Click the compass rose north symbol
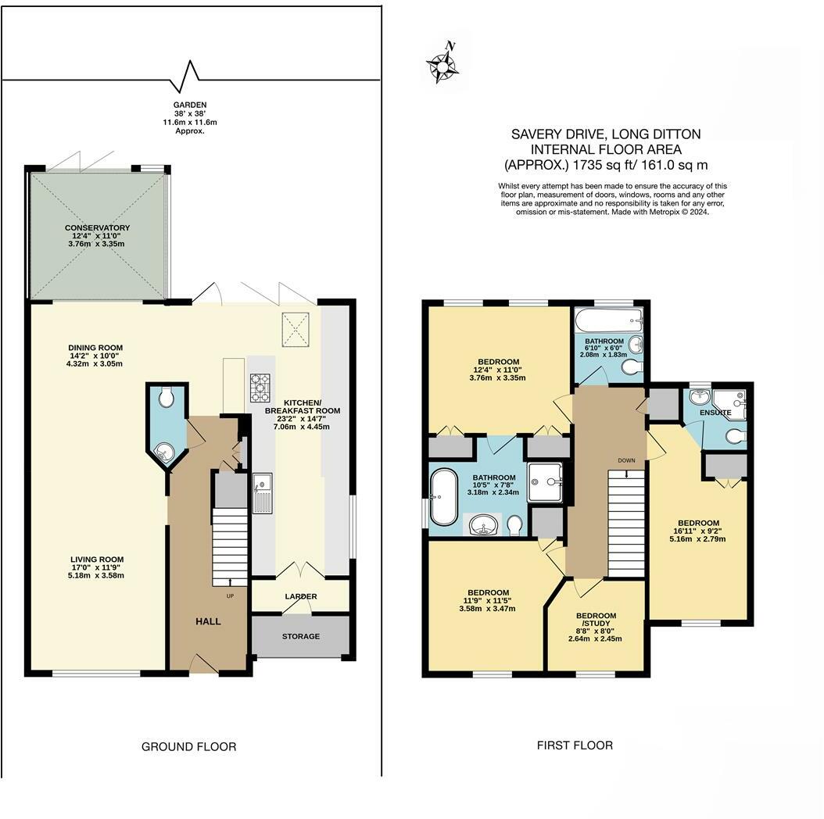443,63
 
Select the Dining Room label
95,347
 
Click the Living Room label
97,560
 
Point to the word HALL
208,621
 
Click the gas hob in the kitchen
260,387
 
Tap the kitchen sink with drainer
262,493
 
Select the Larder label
301,596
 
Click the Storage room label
300,636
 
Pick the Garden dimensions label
190,118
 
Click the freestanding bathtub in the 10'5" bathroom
444,497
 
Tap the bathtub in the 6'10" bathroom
608,320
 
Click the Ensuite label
715,413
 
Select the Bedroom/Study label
596,620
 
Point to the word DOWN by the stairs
626,460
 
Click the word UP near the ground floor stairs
230,595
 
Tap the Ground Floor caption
188,746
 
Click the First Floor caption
575,745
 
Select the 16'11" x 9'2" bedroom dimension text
698,531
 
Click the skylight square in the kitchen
296,330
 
